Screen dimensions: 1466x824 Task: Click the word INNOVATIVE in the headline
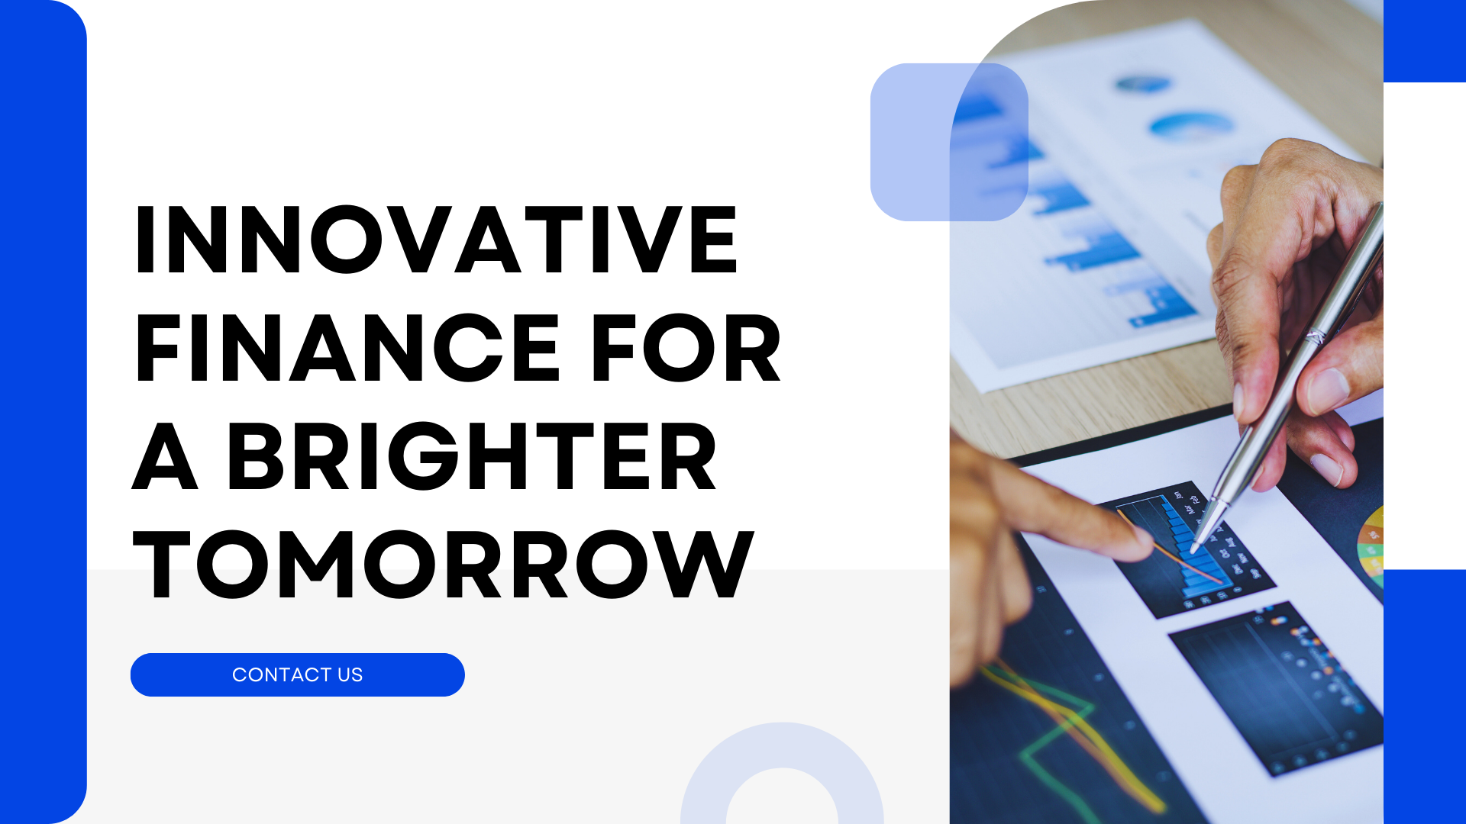point(436,240)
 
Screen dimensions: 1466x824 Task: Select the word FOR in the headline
point(686,348)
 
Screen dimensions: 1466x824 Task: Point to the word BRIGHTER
point(472,456)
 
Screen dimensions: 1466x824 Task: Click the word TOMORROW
point(443,565)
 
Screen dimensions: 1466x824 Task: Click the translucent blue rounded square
point(949,142)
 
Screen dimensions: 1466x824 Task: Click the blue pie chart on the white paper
point(1191,126)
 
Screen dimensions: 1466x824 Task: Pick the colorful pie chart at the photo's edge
point(1371,546)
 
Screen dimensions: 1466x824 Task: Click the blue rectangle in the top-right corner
point(1425,41)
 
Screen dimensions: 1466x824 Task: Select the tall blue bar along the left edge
point(44,412)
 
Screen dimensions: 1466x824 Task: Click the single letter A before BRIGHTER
point(166,456)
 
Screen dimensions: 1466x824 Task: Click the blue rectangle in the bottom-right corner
point(1425,697)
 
